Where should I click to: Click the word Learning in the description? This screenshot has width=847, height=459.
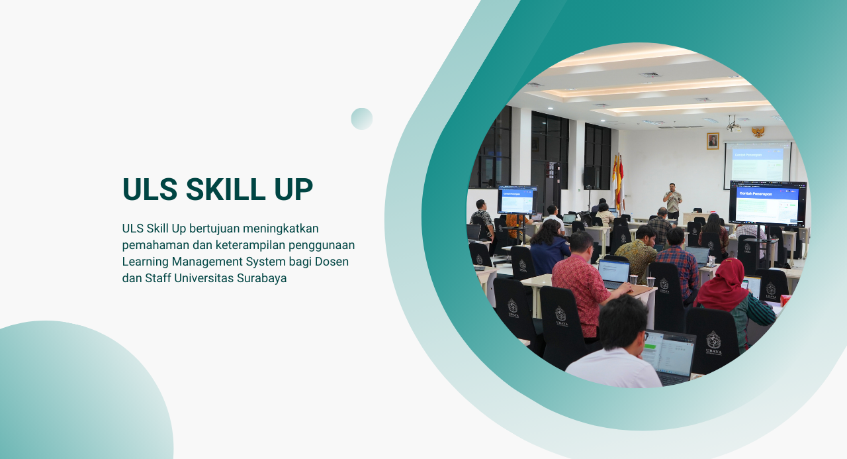pyautogui.click(x=145, y=262)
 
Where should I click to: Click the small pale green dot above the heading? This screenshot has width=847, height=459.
pyautogui.click(x=362, y=119)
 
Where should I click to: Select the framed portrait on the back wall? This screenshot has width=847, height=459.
pyautogui.click(x=713, y=140)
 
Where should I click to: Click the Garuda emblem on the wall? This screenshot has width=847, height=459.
pyautogui.click(x=758, y=131)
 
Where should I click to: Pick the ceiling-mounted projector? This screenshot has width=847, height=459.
pyautogui.click(x=733, y=125)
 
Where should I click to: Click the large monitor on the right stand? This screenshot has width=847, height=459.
pyautogui.click(x=768, y=202)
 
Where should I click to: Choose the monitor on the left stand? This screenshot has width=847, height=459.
pyautogui.click(x=517, y=200)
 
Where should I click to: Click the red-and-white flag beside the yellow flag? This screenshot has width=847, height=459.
pyautogui.click(x=621, y=182)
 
